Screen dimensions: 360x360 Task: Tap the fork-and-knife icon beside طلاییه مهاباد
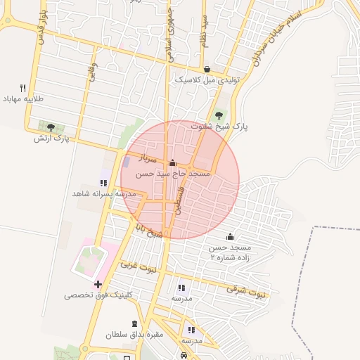(23, 89)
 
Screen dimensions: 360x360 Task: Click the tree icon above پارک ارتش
(51, 127)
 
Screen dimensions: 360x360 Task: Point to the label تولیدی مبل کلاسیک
(207, 80)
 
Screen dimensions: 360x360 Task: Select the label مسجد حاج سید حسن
(172, 173)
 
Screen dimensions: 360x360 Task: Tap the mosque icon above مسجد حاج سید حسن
(172, 162)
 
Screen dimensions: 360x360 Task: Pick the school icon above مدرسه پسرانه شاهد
(104, 182)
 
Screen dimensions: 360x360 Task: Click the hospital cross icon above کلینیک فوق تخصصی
(98, 283)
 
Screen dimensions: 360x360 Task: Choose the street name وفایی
(94, 72)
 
